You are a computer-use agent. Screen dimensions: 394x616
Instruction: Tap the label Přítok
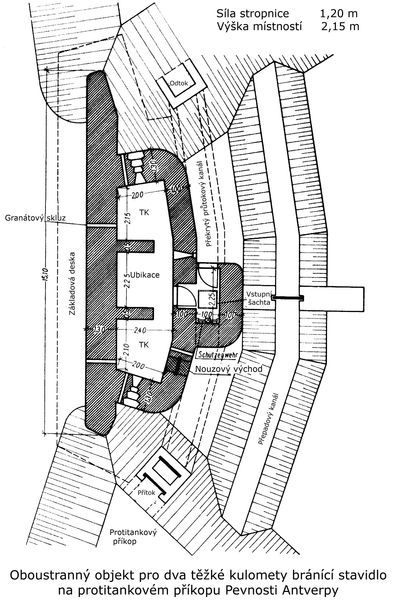point(146,493)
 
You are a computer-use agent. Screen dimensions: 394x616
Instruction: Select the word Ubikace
point(145,275)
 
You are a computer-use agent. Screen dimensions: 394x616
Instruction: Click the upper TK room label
point(144,212)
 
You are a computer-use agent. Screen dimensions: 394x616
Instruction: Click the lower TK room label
point(144,345)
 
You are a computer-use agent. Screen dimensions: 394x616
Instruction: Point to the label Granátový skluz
point(35,218)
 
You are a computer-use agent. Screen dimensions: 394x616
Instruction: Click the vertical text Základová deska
point(73,284)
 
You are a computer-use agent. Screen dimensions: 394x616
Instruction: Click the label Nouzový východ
point(229,369)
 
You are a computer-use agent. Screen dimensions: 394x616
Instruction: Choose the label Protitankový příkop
point(133,537)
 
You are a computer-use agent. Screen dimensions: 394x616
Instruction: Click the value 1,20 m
point(338,14)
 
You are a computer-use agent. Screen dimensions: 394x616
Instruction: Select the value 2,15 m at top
point(340,27)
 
